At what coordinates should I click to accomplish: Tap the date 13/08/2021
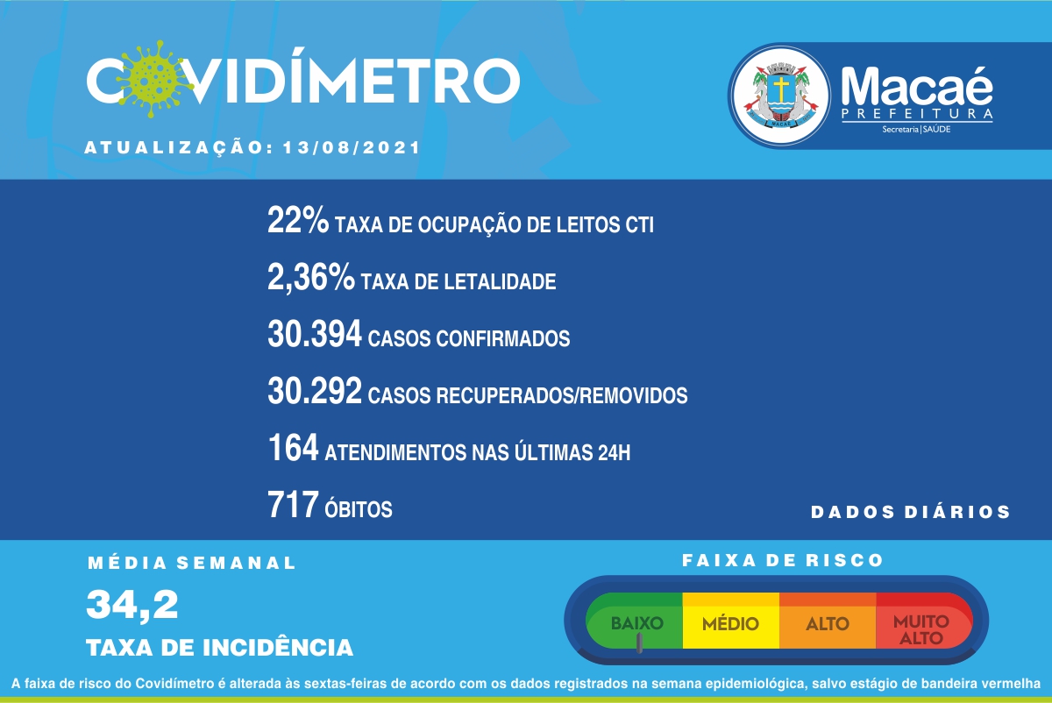pos(352,148)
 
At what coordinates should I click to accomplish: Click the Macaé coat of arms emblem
pos(781,96)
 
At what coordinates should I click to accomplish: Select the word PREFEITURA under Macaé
pos(917,114)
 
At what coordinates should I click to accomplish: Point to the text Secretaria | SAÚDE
pos(916,129)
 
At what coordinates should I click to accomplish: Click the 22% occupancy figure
pos(298,220)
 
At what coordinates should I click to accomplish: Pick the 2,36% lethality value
pos(311,278)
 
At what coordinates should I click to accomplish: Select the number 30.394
pos(315,334)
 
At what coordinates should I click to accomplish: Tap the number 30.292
pos(315,391)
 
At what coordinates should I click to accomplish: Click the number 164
pos(293,448)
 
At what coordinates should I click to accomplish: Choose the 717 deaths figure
pos(293,505)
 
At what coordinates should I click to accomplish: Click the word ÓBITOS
pos(359,508)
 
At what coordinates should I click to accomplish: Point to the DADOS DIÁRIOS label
pos(910,512)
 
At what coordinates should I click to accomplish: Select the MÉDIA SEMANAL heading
pos(192,563)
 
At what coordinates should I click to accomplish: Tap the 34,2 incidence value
pos(132,606)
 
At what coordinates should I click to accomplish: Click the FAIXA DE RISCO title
pos(782,560)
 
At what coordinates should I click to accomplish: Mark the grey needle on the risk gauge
pos(639,643)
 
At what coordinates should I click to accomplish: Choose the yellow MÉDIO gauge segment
pos(731,621)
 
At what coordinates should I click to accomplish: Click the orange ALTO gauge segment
pos(828,621)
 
